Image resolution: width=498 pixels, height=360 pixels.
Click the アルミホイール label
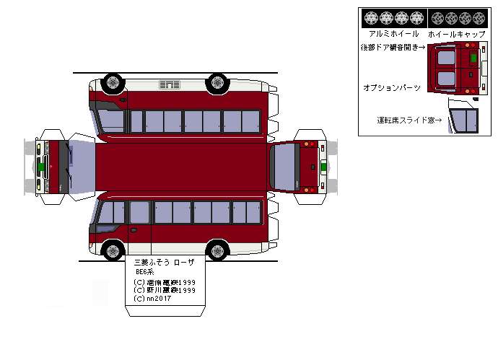[393, 34]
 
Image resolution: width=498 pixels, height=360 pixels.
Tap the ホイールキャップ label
[455, 34]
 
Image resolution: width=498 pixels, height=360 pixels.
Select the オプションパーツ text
[391, 87]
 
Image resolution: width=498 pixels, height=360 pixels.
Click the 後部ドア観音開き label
[393, 48]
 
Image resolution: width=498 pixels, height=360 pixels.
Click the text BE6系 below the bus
[145, 271]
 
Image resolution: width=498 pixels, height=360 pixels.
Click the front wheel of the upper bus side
[113, 82]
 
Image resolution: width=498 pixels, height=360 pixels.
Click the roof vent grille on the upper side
[170, 85]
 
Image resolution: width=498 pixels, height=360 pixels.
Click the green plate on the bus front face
[43, 167]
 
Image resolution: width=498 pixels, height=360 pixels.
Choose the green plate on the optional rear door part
[473, 56]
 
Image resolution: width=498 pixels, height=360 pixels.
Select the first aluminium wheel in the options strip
[371, 17]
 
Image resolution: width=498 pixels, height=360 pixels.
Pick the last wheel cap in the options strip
[480, 17]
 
